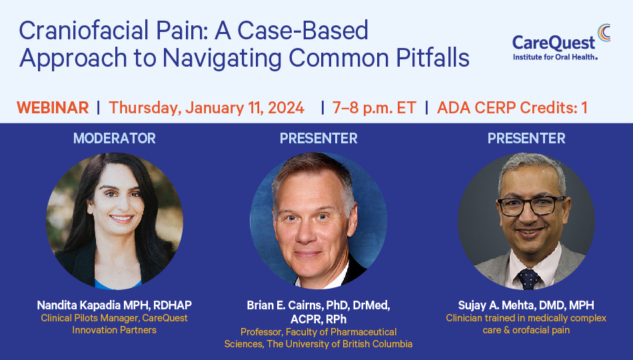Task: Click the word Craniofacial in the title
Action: tap(84, 30)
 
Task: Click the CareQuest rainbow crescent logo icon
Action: tap(604, 32)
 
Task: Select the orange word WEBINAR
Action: tap(53, 108)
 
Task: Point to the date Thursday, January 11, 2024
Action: tap(207, 108)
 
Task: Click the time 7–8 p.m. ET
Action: tap(374, 108)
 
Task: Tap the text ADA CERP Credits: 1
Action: tap(512, 108)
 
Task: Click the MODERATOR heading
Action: tap(114, 139)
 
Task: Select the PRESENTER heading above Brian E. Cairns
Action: tap(318, 139)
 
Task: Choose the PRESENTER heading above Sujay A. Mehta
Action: tap(526, 139)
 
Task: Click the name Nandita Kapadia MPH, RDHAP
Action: tap(114, 305)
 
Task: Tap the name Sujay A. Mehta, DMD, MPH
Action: tap(526, 305)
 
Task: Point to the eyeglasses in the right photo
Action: tap(530, 205)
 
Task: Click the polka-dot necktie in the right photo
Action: tap(528, 279)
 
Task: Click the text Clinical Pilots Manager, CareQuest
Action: tap(114, 319)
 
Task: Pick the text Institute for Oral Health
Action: tap(555, 57)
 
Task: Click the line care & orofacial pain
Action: tap(526, 330)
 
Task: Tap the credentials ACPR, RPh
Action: tap(318, 319)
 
